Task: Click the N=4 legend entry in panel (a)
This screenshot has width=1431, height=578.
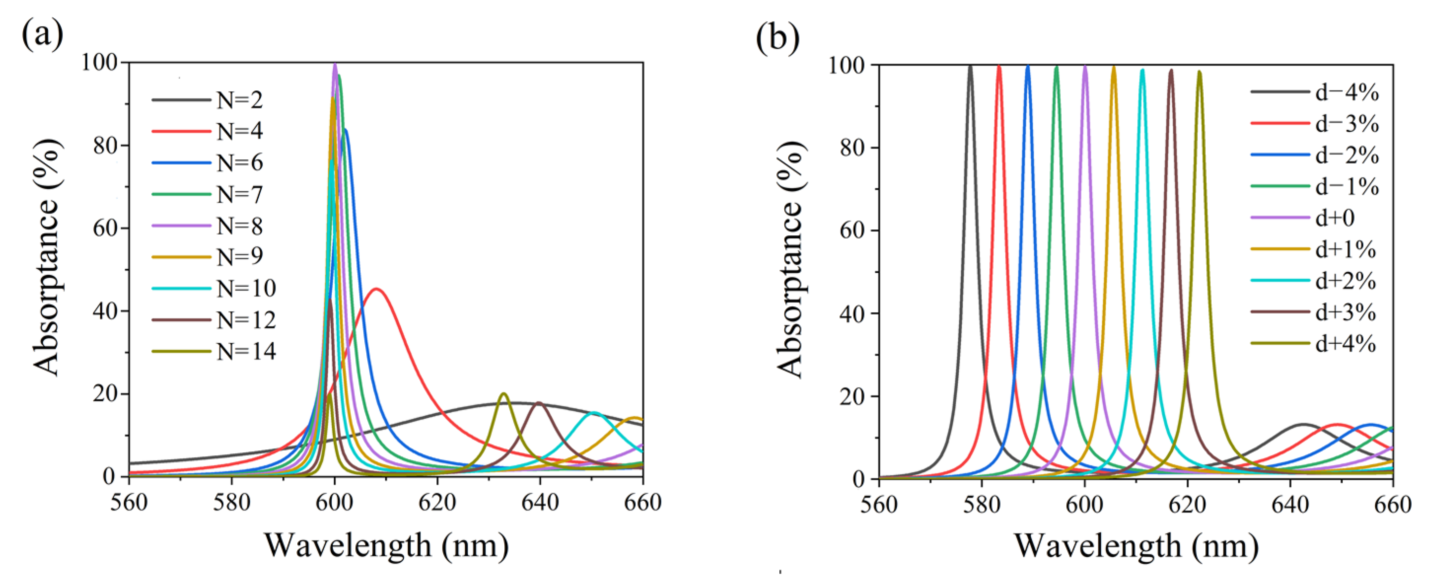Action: pyautogui.click(x=239, y=132)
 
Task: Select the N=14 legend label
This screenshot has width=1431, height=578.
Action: pyautogui.click(x=245, y=352)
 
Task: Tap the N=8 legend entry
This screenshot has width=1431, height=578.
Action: pyautogui.click(x=239, y=226)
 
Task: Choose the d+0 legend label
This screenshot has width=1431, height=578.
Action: pyautogui.click(x=1334, y=218)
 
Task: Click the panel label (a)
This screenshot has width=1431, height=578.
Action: pyautogui.click(x=42, y=35)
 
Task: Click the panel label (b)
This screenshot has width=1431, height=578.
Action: pyautogui.click(x=777, y=38)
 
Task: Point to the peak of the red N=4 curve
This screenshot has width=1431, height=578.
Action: pyautogui.click(x=377, y=289)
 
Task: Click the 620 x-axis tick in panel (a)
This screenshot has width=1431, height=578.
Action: pyautogui.click(x=437, y=503)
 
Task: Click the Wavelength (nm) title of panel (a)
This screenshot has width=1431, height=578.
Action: pyautogui.click(x=386, y=545)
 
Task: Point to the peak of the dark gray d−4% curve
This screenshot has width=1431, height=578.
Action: pyautogui.click(x=971, y=66)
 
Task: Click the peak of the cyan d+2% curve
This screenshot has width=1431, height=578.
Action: pyautogui.click(x=1142, y=70)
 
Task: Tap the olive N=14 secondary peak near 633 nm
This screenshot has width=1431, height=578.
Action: pyautogui.click(x=504, y=394)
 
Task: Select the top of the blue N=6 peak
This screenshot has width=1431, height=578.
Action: pyautogui.click(x=346, y=130)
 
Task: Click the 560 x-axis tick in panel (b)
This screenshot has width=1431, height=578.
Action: pyautogui.click(x=879, y=505)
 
